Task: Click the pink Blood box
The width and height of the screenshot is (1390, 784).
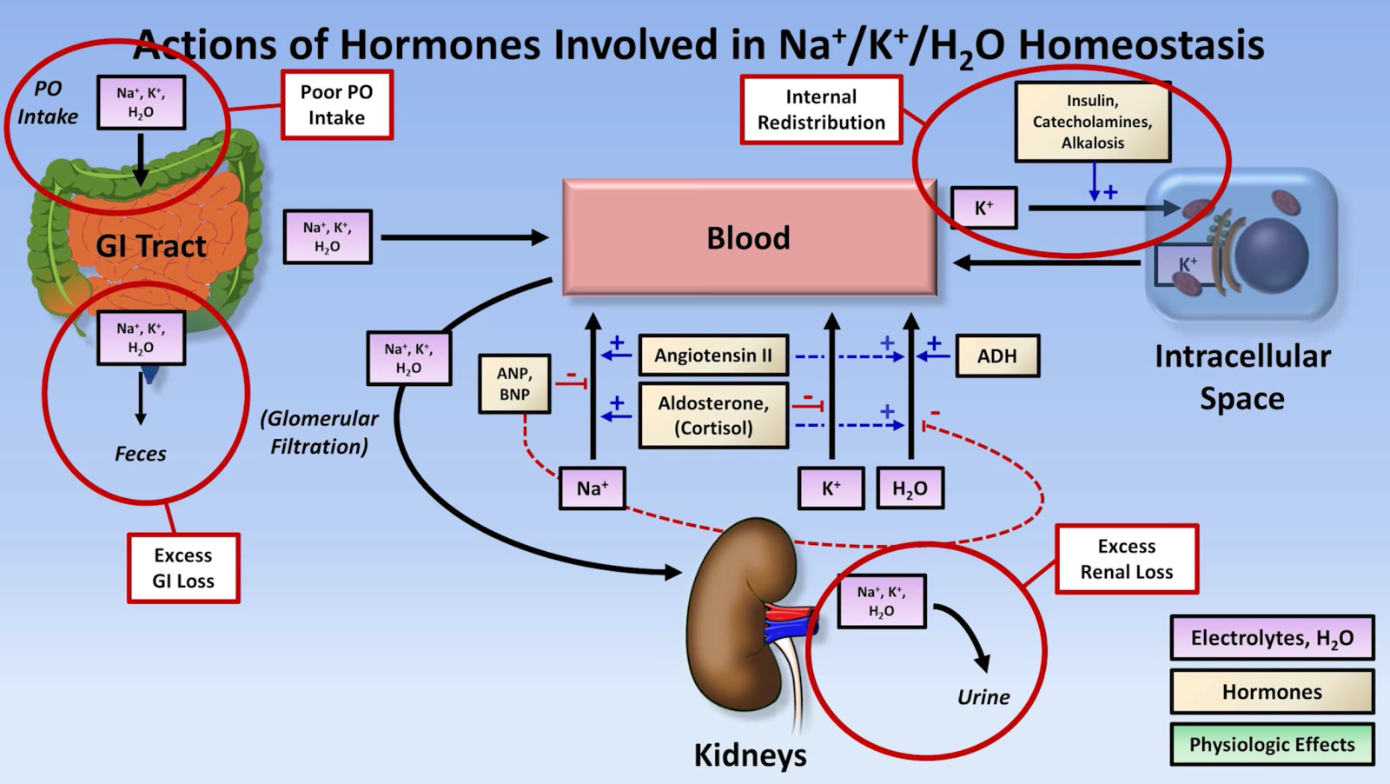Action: point(749,237)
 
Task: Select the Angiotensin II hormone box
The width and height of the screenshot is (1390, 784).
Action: point(713,355)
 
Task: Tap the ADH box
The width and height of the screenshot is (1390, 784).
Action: point(996,356)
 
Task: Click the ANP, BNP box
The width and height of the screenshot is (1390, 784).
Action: point(514,384)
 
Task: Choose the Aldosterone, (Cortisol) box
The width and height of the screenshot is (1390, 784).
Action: point(713,415)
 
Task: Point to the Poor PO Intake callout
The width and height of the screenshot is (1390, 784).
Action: point(337,105)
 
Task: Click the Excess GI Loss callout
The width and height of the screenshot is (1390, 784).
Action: point(183,568)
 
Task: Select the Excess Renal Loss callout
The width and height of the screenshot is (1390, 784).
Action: point(1127,559)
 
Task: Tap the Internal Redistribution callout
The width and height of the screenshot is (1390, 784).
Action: point(821,110)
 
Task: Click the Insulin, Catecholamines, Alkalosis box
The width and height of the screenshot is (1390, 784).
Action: point(1092,122)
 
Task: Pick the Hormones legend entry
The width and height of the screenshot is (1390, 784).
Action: point(1272,692)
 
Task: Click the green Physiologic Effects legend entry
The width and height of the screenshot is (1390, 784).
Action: point(1272,745)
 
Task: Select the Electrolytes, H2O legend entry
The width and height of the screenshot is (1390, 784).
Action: point(1272,638)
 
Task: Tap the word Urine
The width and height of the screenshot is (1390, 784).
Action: point(983,697)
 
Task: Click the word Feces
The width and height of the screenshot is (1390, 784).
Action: point(141,454)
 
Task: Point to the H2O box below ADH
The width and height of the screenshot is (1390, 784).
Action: point(910,488)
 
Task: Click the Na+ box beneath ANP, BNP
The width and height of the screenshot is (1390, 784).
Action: point(592,488)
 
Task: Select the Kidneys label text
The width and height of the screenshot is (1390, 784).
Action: point(750,754)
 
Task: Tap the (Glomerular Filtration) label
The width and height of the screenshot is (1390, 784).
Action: point(319,432)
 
